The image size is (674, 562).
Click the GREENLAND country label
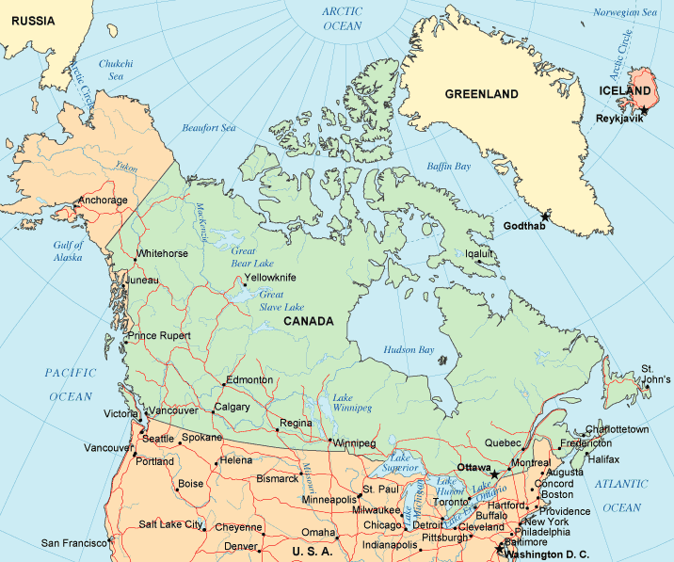[481, 94]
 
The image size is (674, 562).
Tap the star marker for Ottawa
[495, 474]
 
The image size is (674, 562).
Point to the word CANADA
[308, 321]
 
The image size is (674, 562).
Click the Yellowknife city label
[270, 278]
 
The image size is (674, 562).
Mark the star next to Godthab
[544, 217]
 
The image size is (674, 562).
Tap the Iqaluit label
[480, 252]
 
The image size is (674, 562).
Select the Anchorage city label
[104, 201]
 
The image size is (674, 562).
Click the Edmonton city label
[249, 380]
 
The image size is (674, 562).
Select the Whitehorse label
[163, 254]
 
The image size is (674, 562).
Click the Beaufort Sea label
[208, 128]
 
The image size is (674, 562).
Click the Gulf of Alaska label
[68, 251]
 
